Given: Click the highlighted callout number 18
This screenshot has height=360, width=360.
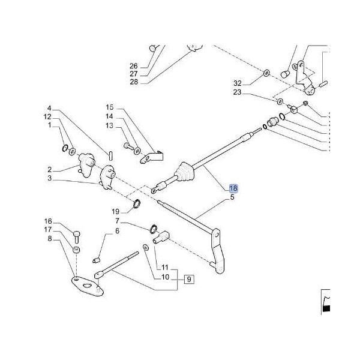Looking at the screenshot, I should [x=233, y=188].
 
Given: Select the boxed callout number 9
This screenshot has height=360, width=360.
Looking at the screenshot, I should [x=189, y=278].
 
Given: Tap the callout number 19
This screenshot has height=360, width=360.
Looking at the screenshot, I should [x=116, y=211].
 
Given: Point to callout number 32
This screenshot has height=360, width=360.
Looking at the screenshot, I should [x=237, y=82].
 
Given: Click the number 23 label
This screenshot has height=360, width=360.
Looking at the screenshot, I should [x=237, y=92].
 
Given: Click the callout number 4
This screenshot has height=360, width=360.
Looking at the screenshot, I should [x=50, y=108].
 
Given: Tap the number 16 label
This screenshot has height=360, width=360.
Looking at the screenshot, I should [x=49, y=221].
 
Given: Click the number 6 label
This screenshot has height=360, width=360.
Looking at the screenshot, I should [x=117, y=231].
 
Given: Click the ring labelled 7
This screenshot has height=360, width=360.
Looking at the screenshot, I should [x=154, y=229].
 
